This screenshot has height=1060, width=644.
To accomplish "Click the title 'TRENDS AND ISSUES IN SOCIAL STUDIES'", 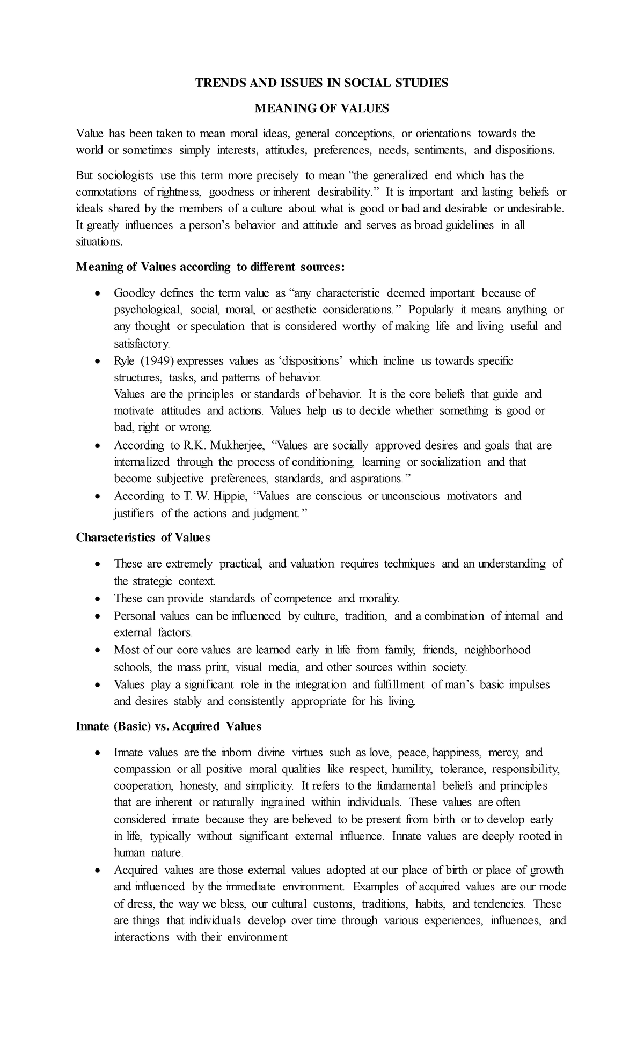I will click(x=321, y=83).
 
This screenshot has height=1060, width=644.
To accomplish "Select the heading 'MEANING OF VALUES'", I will click(x=321, y=108).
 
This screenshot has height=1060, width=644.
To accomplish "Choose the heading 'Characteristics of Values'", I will click(x=143, y=538).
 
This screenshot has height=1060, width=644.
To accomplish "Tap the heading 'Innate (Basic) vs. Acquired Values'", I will click(x=169, y=726).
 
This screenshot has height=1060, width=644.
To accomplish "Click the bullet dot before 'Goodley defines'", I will click(x=97, y=293).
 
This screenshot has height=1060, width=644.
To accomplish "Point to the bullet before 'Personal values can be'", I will click(x=97, y=616).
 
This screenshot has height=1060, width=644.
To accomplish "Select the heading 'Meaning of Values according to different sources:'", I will click(x=210, y=267).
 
